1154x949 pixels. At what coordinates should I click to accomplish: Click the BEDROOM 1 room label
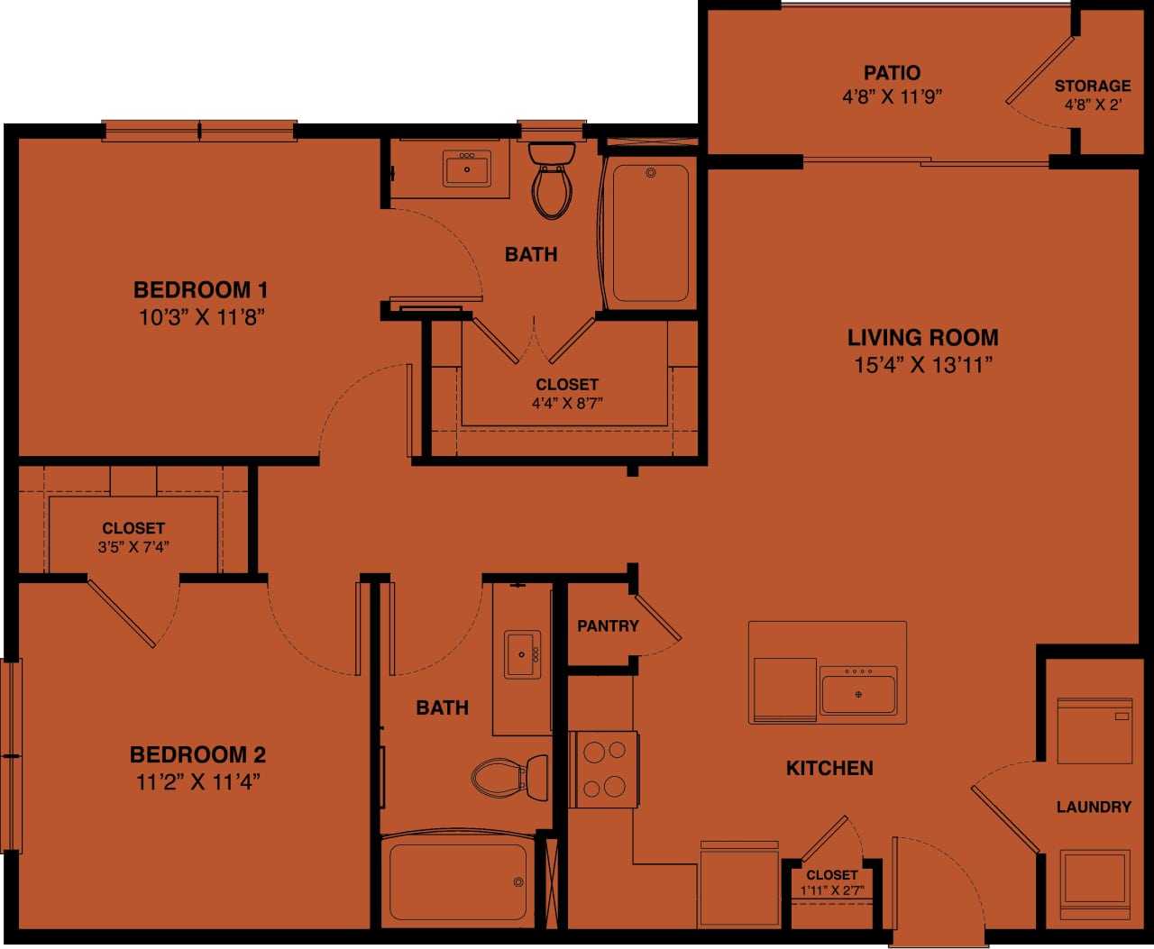click(x=200, y=290)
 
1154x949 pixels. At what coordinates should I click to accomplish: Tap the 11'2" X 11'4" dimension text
click(x=198, y=781)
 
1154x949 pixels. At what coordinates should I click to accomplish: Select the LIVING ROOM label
click(x=922, y=338)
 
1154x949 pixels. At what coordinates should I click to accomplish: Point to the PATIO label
click(x=892, y=73)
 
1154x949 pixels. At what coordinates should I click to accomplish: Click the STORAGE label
click(x=1093, y=87)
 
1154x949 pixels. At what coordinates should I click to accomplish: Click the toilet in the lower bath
click(x=510, y=776)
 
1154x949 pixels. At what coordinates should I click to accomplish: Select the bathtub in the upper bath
click(x=650, y=233)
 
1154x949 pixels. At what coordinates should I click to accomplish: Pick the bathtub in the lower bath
click(x=458, y=881)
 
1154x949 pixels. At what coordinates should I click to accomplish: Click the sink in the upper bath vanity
click(x=467, y=169)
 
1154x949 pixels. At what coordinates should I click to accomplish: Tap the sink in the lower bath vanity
click(x=523, y=653)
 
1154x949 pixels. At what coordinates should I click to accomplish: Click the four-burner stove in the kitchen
click(x=604, y=769)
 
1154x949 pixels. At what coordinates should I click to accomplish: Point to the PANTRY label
click(x=608, y=626)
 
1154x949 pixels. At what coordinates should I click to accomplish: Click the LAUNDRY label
click(x=1094, y=808)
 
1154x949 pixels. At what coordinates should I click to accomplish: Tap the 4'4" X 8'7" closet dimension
click(x=566, y=404)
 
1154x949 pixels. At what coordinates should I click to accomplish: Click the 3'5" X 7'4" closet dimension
click(x=133, y=547)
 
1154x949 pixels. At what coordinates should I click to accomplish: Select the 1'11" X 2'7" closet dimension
click(x=832, y=891)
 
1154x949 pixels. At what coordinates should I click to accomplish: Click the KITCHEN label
click(x=829, y=769)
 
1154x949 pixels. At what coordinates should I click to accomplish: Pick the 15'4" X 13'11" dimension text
click(x=922, y=365)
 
